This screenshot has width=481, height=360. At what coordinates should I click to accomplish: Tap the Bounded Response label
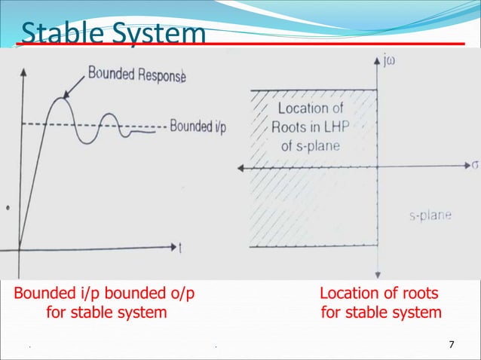click(x=136, y=74)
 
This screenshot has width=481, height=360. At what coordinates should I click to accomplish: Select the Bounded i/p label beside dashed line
click(x=197, y=125)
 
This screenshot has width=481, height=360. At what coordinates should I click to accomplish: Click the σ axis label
click(x=475, y=163)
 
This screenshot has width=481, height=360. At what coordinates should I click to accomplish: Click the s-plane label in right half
click(x=430, y=215)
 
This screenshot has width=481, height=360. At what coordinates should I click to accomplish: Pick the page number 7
click(x=452, y=345)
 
